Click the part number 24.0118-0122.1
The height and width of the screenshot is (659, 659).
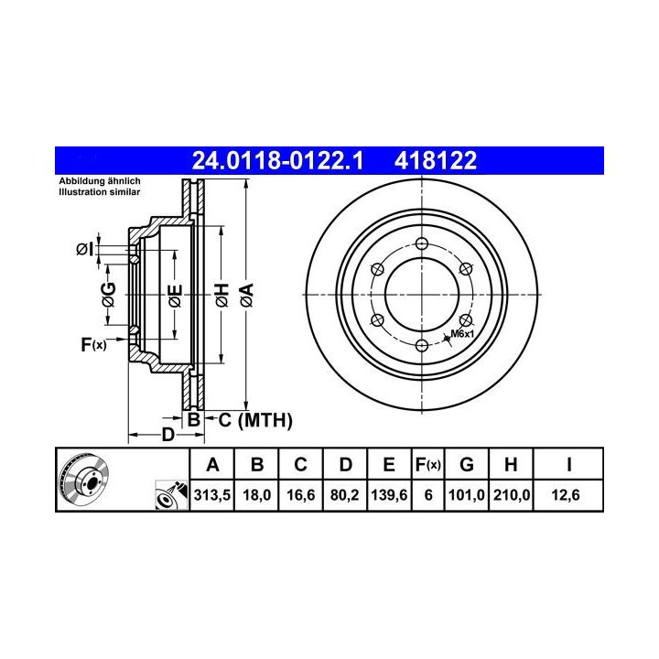[x=277, y=160]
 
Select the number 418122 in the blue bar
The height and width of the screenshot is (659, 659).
[x=436, y=160]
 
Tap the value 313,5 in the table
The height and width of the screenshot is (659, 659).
[x=212, y=495]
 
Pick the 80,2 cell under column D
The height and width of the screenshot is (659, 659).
[x=344, y=495]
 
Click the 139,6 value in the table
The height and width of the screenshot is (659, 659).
[x=389, y=495]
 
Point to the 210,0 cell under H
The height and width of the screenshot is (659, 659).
[x=512, y=495]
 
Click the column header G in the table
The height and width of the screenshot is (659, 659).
[x=467, y=465]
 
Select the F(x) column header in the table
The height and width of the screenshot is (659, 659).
[x=427, y=465]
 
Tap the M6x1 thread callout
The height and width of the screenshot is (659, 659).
[x=462, y=334]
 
